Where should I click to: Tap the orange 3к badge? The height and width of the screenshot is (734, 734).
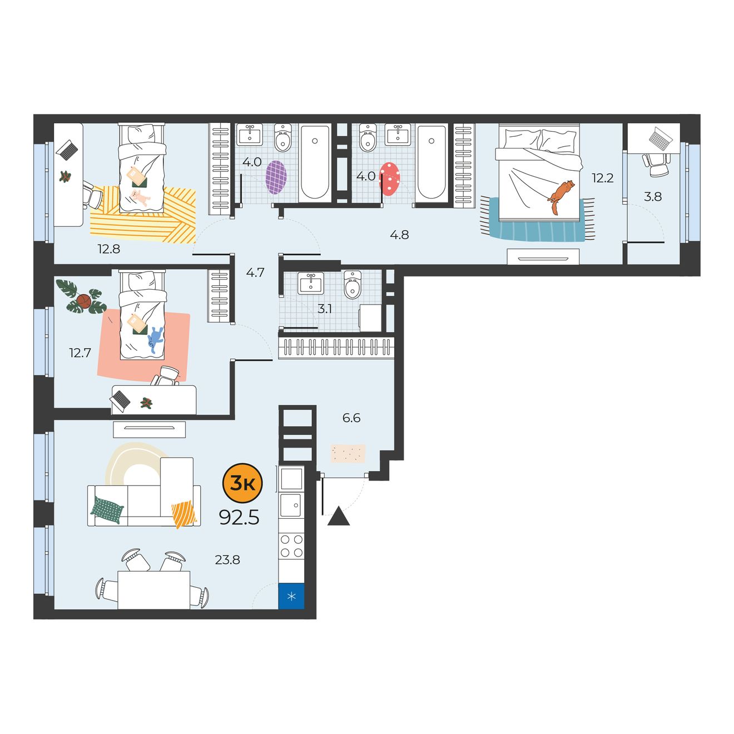tap(242, 483)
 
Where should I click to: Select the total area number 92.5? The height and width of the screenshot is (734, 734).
tap(239, 517)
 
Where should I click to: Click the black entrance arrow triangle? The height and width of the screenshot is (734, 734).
tap(338, 517)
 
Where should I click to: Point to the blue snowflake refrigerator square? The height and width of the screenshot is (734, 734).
tap(291, 596)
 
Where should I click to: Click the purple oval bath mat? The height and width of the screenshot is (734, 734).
tap(276, 177)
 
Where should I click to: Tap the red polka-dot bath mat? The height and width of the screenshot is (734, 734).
tap(389, 179)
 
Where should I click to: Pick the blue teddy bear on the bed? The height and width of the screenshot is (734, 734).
tap(155, 339)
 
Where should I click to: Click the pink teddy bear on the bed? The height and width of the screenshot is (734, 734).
tap(140, 198)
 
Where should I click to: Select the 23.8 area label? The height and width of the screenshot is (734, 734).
tap(227, 559)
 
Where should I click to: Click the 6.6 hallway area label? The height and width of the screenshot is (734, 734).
tap(351, 418)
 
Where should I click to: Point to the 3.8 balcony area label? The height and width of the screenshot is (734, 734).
tap(652, 196)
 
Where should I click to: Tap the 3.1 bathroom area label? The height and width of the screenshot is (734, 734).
tap(325, 309)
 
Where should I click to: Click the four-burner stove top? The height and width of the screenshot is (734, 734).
tap(291, 546)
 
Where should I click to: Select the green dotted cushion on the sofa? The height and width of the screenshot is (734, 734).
tap(107, 510)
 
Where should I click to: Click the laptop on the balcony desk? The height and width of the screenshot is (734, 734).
tap(661, 138)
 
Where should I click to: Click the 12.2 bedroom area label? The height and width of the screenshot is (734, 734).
tap(603, 178)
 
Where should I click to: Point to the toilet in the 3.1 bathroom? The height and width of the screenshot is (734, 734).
tap(353, 284)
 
